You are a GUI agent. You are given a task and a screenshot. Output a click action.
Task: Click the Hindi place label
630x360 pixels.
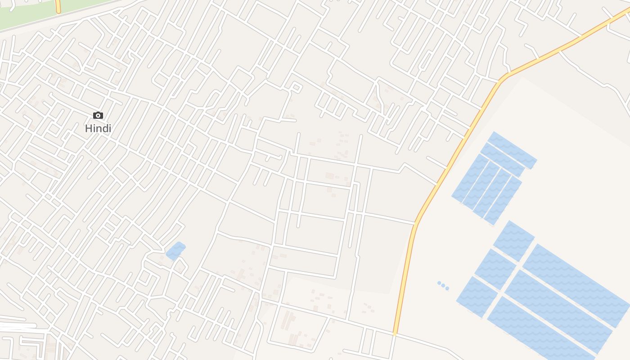coord(98,128)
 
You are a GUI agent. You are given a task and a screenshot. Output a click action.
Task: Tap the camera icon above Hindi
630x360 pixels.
coord(98,116)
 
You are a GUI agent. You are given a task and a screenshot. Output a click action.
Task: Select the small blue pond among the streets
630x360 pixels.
coord(175,251)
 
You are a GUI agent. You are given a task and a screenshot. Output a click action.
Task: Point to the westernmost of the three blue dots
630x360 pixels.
coord(439,283)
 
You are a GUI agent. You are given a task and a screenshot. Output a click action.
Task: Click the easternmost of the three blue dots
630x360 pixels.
coord(447,288)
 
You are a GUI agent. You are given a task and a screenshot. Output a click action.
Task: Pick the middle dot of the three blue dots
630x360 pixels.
coord(443,286)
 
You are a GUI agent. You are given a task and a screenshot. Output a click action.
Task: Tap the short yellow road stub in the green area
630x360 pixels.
coord(58,6)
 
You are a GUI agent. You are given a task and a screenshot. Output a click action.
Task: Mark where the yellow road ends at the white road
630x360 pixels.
coord(395,333)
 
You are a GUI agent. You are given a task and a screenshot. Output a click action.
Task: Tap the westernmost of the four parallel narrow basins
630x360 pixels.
coord(470,178)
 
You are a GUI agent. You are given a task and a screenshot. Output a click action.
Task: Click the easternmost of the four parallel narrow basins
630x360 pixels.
coord(503,201)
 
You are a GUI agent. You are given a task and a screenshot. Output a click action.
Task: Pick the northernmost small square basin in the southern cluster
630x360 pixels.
coord(513,241)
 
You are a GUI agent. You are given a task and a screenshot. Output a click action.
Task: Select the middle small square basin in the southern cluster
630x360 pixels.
coord(495,269)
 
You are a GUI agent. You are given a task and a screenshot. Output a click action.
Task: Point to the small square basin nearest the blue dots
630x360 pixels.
coord(477,297)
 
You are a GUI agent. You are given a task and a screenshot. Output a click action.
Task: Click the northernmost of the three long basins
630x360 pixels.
coord(576,284)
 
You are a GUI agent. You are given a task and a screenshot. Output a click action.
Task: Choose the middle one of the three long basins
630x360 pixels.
coord(558,310)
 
